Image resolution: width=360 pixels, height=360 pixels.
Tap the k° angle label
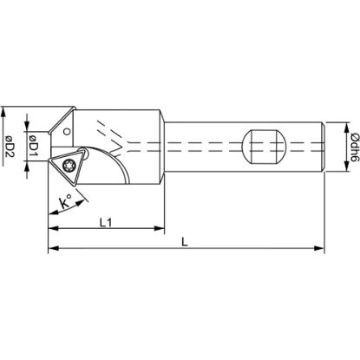coord(65,206)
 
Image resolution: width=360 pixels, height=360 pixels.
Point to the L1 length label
coord(105,223)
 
